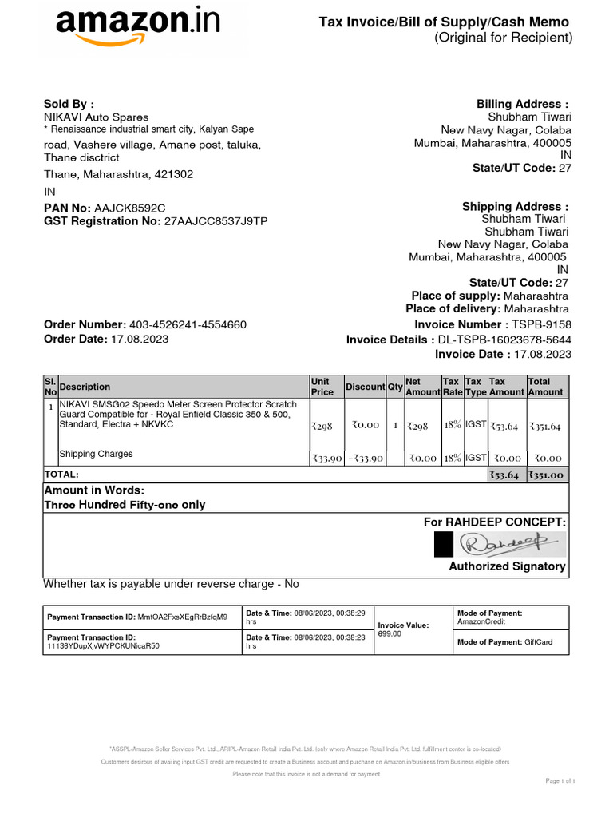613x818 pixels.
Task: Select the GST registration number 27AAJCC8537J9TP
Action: point(216,220)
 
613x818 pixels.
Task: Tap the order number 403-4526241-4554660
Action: point(188,324)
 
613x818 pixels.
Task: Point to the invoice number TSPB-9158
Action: point(542,324)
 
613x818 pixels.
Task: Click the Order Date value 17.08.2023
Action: point(139,339)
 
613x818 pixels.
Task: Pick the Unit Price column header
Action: point(322,387)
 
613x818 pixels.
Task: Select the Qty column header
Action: point(395,387)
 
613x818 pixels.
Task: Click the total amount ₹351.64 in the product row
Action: point(545,427)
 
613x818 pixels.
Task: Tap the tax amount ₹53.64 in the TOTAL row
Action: point(504,475)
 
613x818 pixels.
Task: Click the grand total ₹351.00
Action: point(545,475)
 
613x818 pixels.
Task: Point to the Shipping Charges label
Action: point(96,454)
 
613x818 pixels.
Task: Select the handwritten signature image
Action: point(510,545)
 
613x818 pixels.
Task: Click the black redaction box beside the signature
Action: point(443,545)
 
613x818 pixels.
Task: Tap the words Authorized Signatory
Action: point(508,566)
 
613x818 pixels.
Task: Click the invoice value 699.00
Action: point(390,633)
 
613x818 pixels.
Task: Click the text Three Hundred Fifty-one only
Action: point(125,505)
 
